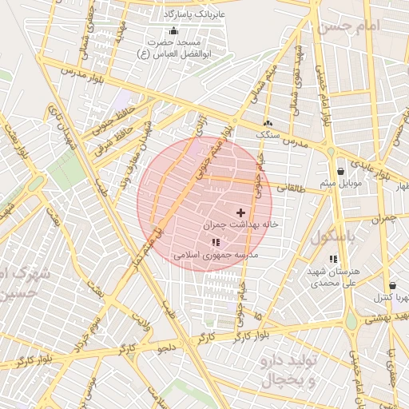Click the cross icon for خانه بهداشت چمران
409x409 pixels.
pyautogui.click(x=240, y=212)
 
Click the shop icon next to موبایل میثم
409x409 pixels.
pyautogui.click(x=341, y=171)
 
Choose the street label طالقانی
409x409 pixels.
pyautogui.click(x=291, y=187)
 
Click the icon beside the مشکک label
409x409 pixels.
pyautogui.click(x=268, y=124)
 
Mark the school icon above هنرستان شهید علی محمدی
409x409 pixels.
pyautogui.click(x=333, y=259)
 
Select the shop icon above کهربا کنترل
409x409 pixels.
pyautogui.click(x=392, y=285)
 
